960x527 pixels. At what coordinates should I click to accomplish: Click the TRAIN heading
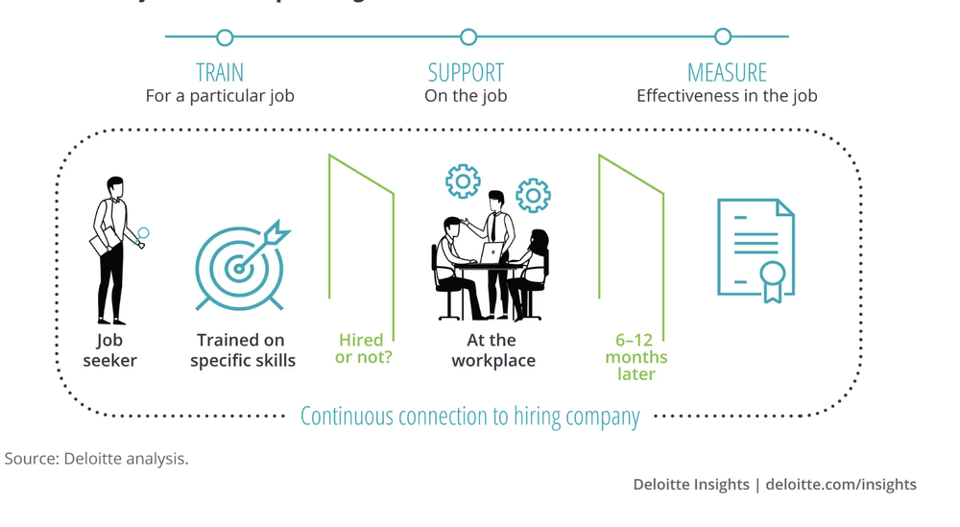click(x=220, y=73)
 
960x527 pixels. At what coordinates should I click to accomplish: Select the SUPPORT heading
click(x=466, y=73)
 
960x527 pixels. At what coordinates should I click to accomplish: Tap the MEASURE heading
click(x=727, y=73)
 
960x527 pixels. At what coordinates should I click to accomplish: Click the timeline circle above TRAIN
click(x=225, y=37)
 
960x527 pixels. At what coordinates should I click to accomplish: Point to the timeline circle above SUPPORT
click(x=468, y=37)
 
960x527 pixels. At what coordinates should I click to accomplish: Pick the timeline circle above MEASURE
click(x=723, y=37)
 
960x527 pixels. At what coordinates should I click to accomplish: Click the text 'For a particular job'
click(x=220, y=96)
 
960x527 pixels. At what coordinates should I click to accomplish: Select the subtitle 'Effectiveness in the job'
click(x=727, y=96)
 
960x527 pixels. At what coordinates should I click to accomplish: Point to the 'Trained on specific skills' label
click(x=242, y=350)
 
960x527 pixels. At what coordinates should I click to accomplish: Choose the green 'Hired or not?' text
click(x=361, y=349)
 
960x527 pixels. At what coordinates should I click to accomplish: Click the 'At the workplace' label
click(x=492, y=350)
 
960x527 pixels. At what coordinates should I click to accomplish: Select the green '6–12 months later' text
click(x=641, y=356)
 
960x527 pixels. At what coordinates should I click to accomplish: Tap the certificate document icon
click(x=756, y=248)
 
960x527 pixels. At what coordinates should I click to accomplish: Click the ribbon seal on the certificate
click(x=772, y=279)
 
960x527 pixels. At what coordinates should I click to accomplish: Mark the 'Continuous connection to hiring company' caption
click(x=469, y=417)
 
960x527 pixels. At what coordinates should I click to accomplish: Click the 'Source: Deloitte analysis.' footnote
click(x=97, y=459)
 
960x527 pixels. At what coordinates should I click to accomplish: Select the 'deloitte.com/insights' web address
click(x=842, y=485)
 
